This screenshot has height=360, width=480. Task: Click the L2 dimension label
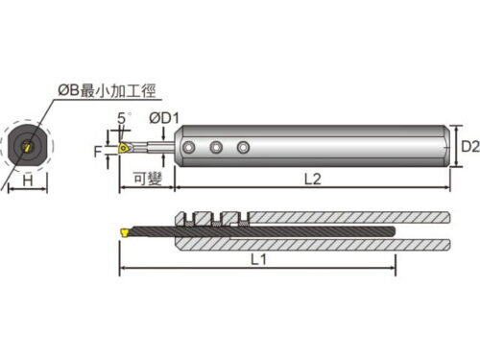[312, 179]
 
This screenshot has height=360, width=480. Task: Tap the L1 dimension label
[259, 259]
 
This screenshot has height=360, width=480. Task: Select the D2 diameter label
[470, 146]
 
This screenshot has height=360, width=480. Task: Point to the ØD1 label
[164, 118]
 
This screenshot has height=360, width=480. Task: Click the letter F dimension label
[98, 152]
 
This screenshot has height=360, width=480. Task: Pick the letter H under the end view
[28, 180]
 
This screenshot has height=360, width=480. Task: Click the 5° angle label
[124, 118]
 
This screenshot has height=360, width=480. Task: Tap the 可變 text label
[148, 179]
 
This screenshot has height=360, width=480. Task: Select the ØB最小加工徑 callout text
[107, 91]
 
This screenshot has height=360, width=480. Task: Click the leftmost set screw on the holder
[189, 148]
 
